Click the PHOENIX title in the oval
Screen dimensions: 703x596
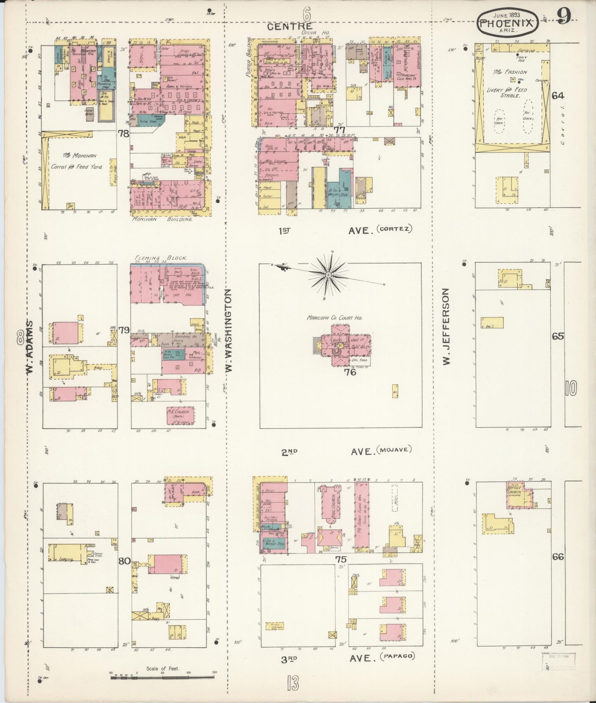tap(508, 24)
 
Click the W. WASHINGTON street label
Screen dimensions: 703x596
tap(229, 331)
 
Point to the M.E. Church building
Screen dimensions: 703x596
tap(181, 415)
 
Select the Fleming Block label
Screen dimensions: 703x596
tap(161, 257)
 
